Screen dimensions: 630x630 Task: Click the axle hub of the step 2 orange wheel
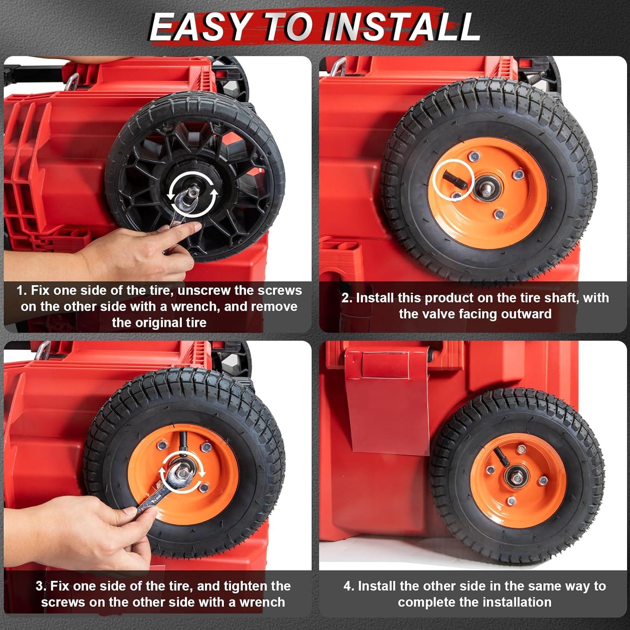coord(487,184)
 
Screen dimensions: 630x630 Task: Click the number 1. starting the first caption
coord(22,290)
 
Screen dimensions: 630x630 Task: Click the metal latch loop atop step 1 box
coord(72,80)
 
